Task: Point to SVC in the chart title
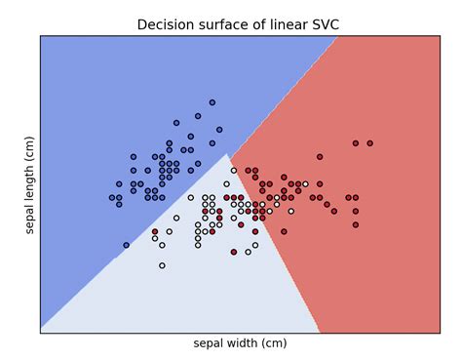323,25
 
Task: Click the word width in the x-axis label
249,343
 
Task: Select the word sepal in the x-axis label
211,343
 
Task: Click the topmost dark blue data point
212,102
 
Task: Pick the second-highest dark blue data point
198,116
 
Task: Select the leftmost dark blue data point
112,198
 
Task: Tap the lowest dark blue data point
126,245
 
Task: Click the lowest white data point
162,265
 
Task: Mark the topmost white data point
233,171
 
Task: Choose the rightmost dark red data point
369,143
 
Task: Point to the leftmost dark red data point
155,232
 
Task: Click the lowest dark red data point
233,252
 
